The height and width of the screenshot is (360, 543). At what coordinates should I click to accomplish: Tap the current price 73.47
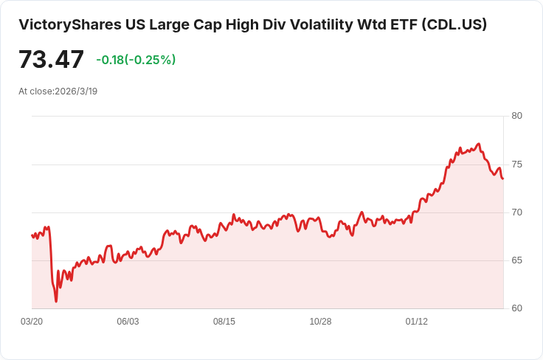coord(51,59)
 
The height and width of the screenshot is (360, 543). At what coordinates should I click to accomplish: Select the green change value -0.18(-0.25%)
coord(136,60)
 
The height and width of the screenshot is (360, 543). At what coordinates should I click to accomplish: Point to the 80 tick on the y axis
coord(516,116)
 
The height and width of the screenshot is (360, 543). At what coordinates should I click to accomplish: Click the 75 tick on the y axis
coord(516,165)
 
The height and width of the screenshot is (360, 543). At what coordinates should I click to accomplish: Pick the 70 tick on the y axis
coord(516,212)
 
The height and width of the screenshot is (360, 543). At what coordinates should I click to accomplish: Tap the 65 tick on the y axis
coord(516,260)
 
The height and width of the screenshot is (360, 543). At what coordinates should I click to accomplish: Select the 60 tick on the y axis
coord(516,308)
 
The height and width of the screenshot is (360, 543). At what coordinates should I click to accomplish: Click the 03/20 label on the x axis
coord(32,322)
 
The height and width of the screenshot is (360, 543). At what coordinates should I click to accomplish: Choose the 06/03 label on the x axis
coord(128,322)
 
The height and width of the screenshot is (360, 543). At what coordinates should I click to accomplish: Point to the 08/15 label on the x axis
coord(224,322)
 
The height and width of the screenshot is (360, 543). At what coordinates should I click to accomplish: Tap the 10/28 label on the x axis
coord(320,322)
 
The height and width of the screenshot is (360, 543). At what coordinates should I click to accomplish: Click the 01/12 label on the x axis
coord(417,322)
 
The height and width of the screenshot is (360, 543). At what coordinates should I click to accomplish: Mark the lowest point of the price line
coord(56,301)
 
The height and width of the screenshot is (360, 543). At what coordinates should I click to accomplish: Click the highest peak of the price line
coord(479,144)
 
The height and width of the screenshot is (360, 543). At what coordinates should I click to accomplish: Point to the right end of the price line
coord(503,179)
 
